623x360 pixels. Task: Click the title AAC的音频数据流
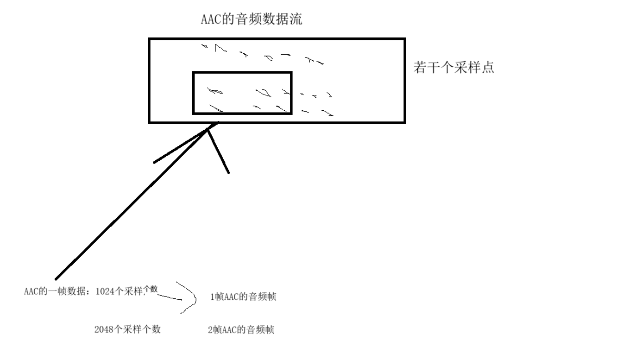[x=252, y=19]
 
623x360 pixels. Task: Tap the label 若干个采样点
[x=453, y=68]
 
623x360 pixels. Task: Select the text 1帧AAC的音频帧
[x=243, y=297]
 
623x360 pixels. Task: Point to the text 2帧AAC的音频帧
[x=241, y=330]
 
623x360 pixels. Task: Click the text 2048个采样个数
[x=127, y=329]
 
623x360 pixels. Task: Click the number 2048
[x=103, y=329]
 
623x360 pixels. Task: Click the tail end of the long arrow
[x=57, y=279]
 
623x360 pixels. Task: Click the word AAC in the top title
[x=210, y=19]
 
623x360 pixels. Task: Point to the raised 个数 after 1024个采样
[x=151, y=289]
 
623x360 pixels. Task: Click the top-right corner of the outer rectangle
[x=405, y=39]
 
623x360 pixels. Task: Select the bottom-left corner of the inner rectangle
[x=194, y=113]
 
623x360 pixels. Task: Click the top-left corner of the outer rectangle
[x=149, y=39]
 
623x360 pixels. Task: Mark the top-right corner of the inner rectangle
[x=291, y=73]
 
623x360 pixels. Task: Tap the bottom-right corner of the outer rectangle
[x=405, y=122]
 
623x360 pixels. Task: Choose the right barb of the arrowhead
[x=228, y=172]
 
